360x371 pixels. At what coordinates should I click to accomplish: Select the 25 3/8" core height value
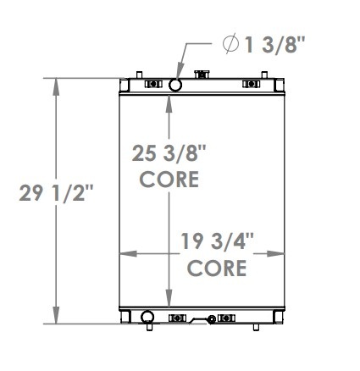pos(169,154)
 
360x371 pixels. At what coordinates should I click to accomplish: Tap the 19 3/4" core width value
pos(217,244)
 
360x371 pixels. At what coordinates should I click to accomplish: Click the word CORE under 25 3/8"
pos(169,180)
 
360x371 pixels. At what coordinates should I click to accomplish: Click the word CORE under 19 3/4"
pos(217,269)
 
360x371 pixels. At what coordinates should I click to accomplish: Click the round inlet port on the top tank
pos(175,86)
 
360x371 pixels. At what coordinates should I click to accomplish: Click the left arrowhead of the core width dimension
pos(122,252)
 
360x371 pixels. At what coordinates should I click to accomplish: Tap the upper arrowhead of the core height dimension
pos(170,98)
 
